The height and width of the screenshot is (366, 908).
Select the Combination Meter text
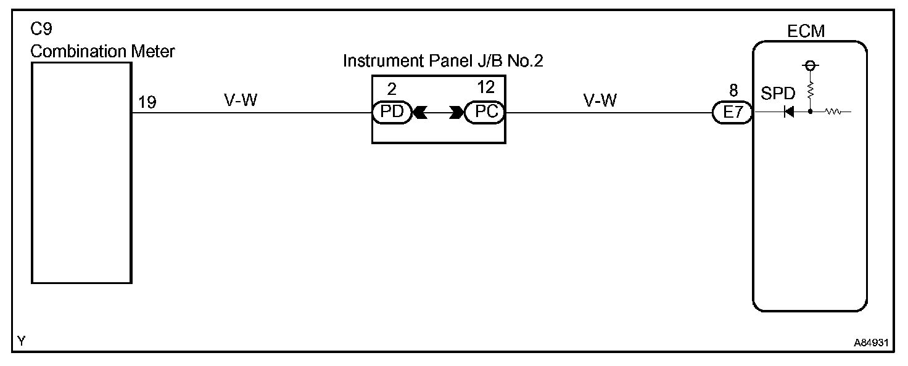[x=102, y=51]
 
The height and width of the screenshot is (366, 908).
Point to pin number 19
[x=147, y=102]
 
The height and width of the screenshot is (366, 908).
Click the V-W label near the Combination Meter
[x=241, y=100]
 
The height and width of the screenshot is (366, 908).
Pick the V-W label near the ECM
[x=600, y=100]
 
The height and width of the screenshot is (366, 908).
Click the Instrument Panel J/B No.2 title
[x=442, y=62]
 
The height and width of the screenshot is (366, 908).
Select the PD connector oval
[x=392, y=113]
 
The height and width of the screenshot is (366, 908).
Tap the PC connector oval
[x=485, y=113]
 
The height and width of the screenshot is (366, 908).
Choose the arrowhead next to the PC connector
[x=457, y=113]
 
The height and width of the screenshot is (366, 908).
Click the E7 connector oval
[x=732, y=113]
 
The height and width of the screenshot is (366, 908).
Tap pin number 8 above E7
[x=733, y=91]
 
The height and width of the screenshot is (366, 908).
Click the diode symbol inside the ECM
[x=788, y=113]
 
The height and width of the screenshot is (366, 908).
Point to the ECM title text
[x=806, y=31]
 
